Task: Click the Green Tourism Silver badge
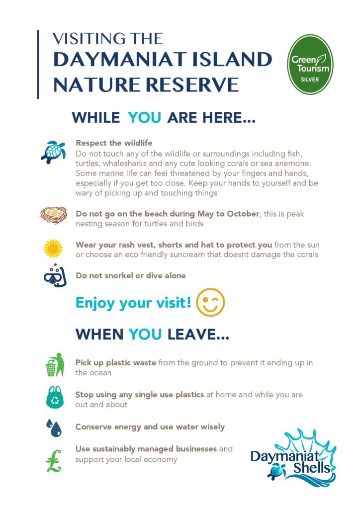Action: click(310, 64)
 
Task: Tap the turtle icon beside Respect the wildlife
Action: click(53, 152)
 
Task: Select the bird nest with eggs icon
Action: click(53, 215)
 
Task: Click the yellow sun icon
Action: click(53, 249)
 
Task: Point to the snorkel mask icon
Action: click(55, 275)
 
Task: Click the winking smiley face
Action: click(210, 302)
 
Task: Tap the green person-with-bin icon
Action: click(55, 364)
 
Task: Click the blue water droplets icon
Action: click(54, 427)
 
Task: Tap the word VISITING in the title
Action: click(89, 39)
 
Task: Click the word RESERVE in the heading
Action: click(192, 85)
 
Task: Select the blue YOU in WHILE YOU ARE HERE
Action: click(145, 117)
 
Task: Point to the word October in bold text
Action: click(243, 214)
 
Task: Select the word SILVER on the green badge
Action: click(310, 80)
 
